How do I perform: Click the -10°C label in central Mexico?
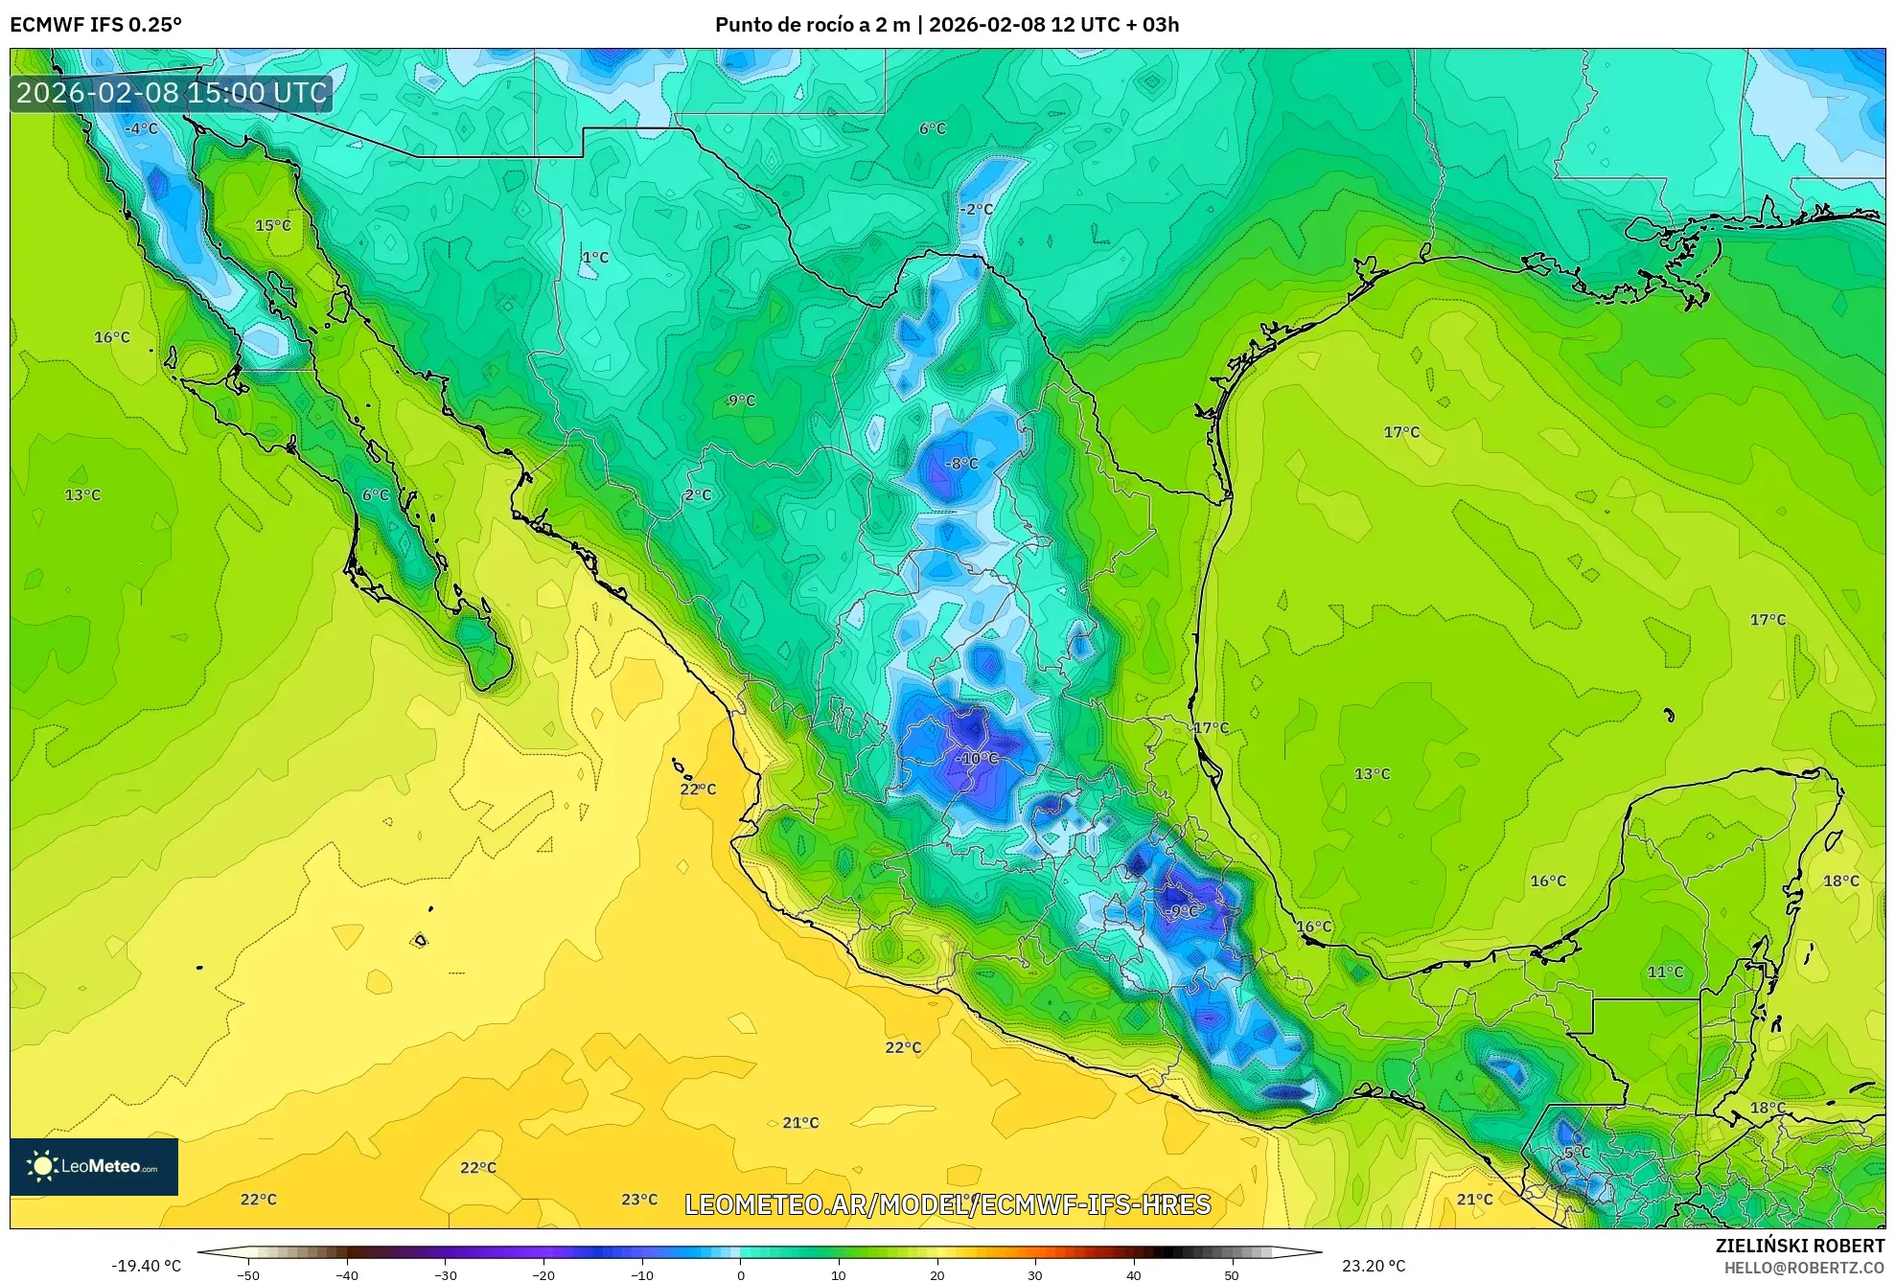pyautogui.click(x=977, y=758)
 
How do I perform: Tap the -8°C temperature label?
pyautogui.click(x=962, y=464)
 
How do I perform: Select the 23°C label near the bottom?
pyautogui.click(x=639, y=1200)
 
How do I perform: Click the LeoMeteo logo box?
pyautogui.click(x=94, y=1166)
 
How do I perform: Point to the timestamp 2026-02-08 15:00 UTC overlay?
pyautogui.click(x=172, y=93)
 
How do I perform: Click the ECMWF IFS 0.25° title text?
pyautogui.click(x=96, y=25)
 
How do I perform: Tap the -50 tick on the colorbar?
pyautogui.click(x=248, y=1275)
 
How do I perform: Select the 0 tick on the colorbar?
pyautogui.click(x=740, y=1275)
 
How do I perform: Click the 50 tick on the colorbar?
pyautogui.click(x=1232, y=1275)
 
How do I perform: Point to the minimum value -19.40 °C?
pyautogui.click(x=146, y=1266)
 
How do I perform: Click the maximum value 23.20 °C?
pyautogui.click(x=1374, y=1266)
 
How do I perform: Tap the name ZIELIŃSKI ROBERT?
pyautogui.click(x=1799, y=1246)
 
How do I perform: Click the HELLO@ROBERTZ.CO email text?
pyautogui.click(x=1804, y=1268)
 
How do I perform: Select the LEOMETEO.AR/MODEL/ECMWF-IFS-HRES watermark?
pyautogui.click(x=947, y=1204)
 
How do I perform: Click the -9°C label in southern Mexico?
pyautogui.click(x=1183, y=911)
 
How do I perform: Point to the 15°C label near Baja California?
pyautogui.click(x=273, y=225)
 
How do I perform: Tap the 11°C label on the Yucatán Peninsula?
pyautogui.click(x=1665, y=972)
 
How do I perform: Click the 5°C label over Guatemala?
pyautogui.click(x=1577, y=1153)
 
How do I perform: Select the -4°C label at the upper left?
pyautogui.click(x=141, y=128)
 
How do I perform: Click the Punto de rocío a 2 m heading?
pyautogui.click(x=813, y=25)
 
